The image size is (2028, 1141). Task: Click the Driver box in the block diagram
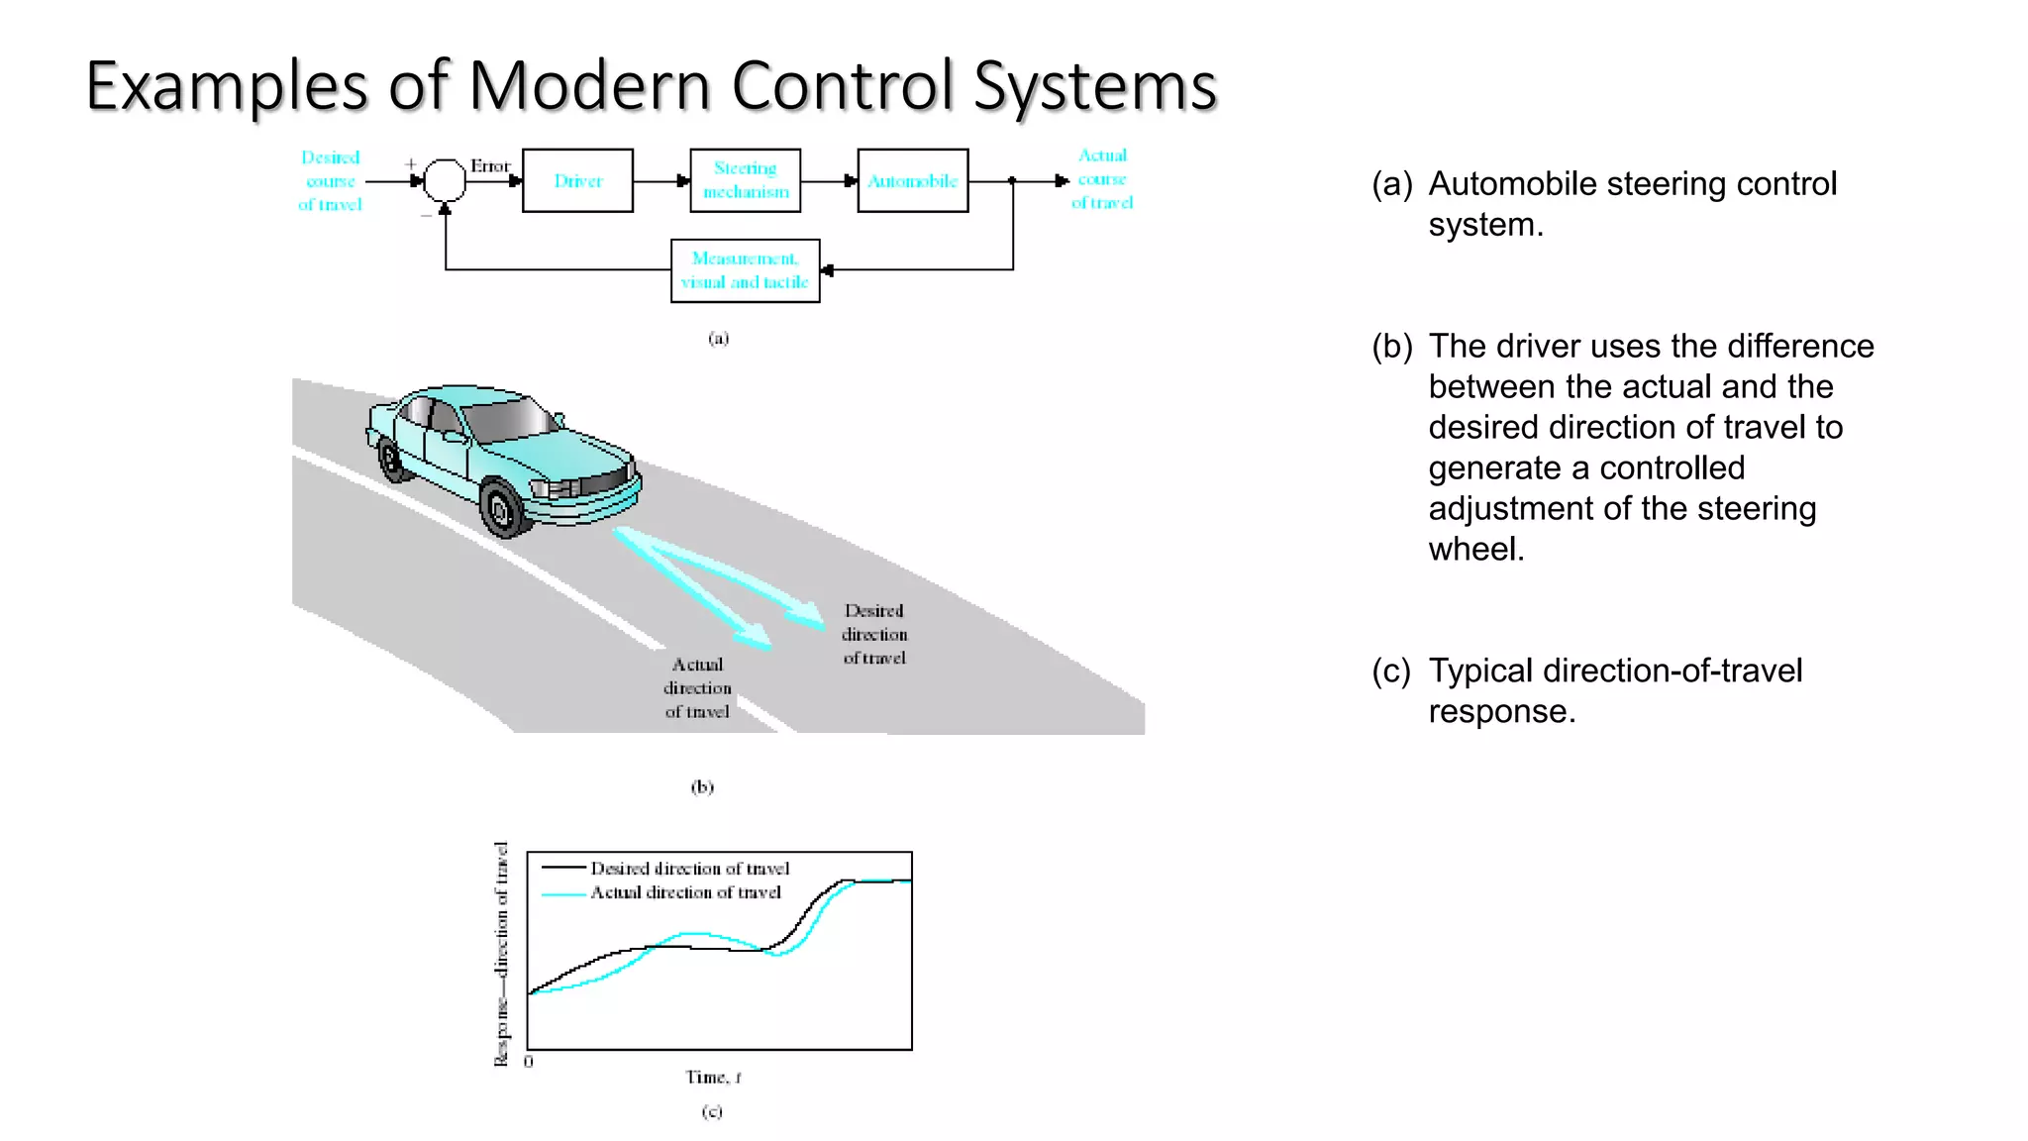click(x=577, y=180)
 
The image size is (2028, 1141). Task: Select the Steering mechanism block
click(x=745, y=180)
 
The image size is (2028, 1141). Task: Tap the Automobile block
click(x=912, y=180)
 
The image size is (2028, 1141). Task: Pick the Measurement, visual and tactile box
click(x=745, y=270)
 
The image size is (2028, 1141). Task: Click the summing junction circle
click(x=445, y=180)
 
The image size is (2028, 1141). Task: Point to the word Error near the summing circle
click(x=489, y=165)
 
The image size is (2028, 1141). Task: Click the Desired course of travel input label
click(x=331, y=181)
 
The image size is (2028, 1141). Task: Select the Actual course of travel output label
click(x=1102, y=179)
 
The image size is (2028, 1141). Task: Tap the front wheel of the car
click(x=502, y=509)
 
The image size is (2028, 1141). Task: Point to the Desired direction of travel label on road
click(x=874, y=634)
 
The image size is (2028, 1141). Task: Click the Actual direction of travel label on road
click(x=697, y=687)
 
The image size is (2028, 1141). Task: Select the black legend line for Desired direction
click(x=563, y=869)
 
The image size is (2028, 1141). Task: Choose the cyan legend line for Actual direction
click(x=563, y=893)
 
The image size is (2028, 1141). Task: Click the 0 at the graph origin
click(x=529, y=1062)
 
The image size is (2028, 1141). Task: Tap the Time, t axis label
click(x=713, y=1077)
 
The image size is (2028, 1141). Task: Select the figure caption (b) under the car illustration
click(x=702, y=787)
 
